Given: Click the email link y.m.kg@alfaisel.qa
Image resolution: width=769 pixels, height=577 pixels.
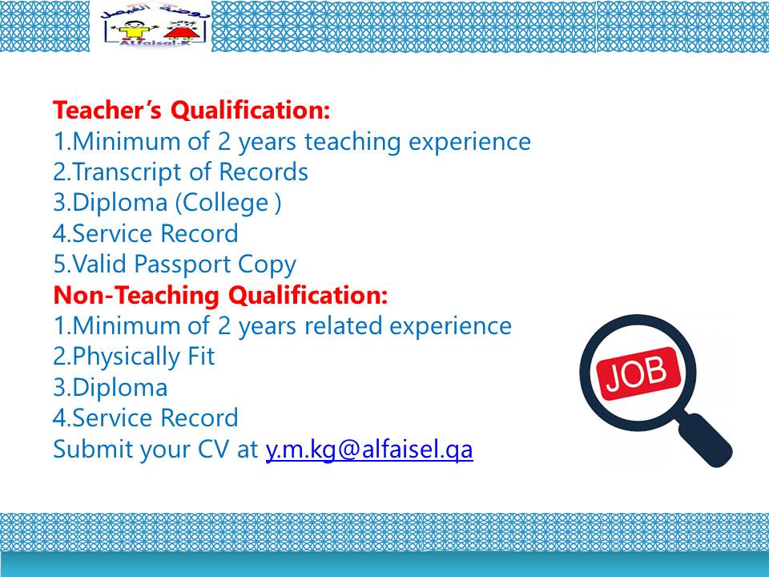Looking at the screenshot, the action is coord(368,449).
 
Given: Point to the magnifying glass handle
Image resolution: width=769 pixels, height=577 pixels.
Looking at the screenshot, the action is coord(706,440).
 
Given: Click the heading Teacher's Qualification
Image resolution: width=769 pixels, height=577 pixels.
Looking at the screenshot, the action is coord(191,110).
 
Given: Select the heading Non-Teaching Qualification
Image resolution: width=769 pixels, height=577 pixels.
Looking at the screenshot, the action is coord(220,296).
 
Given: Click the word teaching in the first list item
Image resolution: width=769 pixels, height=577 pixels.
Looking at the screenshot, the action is coord(352,141).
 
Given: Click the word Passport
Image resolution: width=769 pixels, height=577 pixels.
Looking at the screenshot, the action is coord(183,264).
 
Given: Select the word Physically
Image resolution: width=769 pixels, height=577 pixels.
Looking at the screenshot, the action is coord(127,357).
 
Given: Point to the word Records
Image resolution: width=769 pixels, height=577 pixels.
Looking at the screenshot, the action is coord(264,171).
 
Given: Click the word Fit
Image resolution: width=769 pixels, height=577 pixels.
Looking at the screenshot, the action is coord(201,356).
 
